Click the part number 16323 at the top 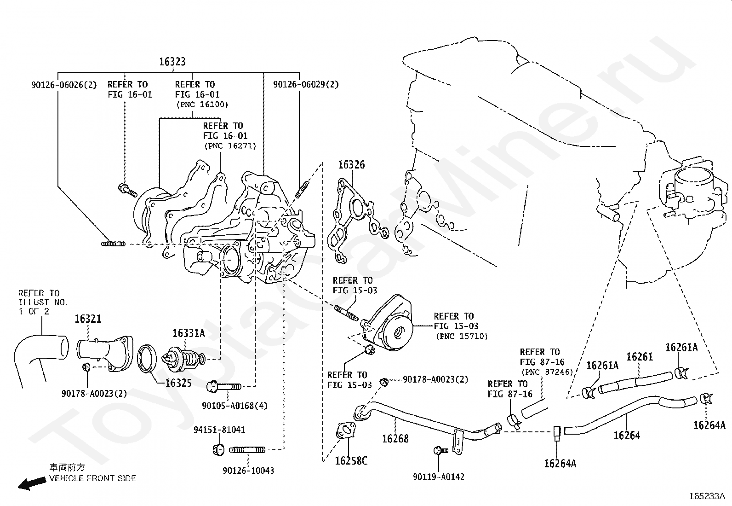pos(172,62)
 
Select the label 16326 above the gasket pos(351,165)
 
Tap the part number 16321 pos(88,319)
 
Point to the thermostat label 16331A pos(189,333)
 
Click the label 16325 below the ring pos(178,383)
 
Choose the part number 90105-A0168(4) pos(234,406)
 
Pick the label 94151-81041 pos(219,430)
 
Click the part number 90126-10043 pos(248,471)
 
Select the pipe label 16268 pos(395,438)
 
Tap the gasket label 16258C pos(351,460)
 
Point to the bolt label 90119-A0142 pos(439,477)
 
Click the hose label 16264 pos(627,435)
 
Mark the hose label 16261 pos(640,357)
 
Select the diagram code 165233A pos(707,496)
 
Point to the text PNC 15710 pos(462,336)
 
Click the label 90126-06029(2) pos(306,85)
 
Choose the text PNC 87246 pos(546,372)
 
